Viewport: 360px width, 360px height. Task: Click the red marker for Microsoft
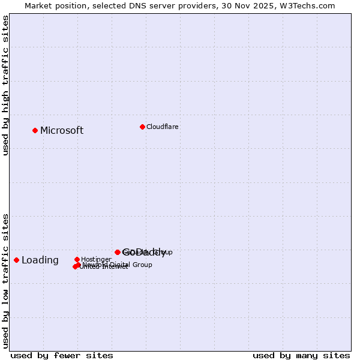coord(35,130)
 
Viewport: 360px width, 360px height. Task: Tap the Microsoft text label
coord(62,131)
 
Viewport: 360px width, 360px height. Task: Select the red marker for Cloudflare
coord(142,127)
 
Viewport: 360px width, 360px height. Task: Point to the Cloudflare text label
coord(163,127)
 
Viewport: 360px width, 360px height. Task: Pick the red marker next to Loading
coord(17,260)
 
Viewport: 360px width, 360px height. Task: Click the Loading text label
coord(40,260)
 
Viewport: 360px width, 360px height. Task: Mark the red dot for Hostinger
coord(77,259)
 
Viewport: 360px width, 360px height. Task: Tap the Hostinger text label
coord(96,260)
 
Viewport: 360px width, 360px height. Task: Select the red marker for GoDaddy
coord(118,252)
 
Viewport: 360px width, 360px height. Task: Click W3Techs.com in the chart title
coord(310,6)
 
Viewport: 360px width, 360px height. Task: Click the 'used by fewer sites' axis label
coord(62,356)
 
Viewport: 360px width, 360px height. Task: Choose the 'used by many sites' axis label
coord(301,356)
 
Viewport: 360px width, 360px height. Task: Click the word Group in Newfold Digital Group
coord(142,265)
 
